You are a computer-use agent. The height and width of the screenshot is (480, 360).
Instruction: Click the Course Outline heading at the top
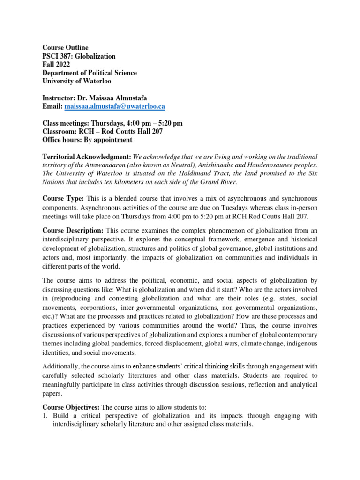(x=65, y=48)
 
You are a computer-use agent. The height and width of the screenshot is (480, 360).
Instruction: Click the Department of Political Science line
(x=90, y=73)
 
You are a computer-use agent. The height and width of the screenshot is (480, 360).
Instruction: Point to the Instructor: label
(x=60, y=98)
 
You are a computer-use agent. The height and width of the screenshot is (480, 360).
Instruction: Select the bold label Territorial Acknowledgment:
(x=87, y=157)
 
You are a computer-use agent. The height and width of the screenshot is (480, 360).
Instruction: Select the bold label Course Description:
(x=73, y=231)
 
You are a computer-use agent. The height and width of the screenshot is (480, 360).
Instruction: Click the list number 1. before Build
(x=45, y=416)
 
